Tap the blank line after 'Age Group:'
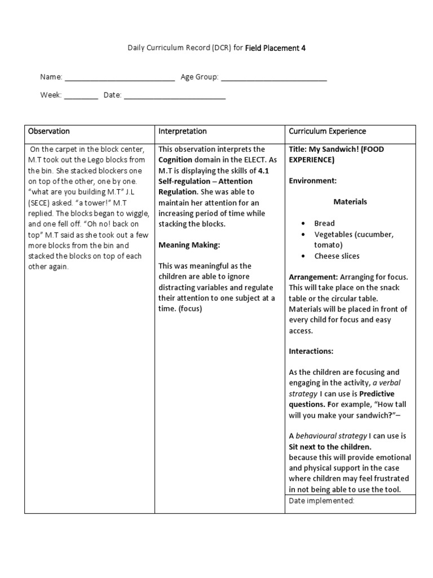pos(273,78)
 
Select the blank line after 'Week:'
pos(81,95)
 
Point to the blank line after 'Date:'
pos(174,95)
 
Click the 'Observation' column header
pos(49,132)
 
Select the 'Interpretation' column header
pos(182,132)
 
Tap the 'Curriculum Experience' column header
pos(327,132)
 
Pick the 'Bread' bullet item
pos(325,224)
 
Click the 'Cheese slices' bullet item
pos(337,256)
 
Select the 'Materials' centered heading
pos(350,202)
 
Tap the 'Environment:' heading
pos(312,181)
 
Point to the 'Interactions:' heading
pos(311,351)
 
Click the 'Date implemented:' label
pos(321,501)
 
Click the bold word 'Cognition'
pos(175,160)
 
